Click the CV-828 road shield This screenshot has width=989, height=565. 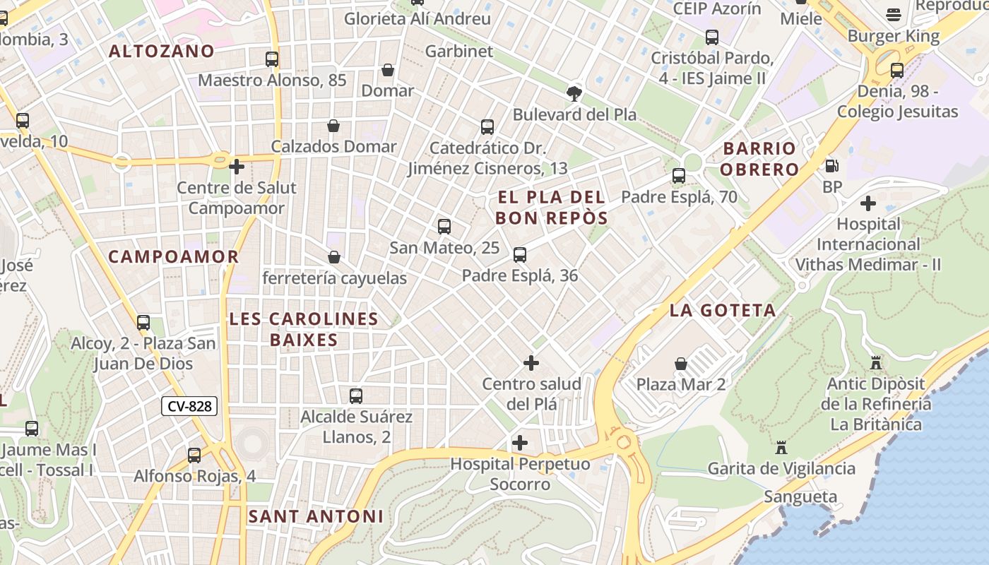pos(189,406)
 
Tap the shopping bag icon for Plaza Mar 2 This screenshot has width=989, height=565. pos(681,364)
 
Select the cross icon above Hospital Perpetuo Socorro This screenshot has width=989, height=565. pos(520,443)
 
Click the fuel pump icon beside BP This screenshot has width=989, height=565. pos(832,166)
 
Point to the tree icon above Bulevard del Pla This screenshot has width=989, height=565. pos(574,93)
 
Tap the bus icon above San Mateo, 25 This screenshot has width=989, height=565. pos(444,227)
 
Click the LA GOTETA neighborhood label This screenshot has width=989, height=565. pos(723,310)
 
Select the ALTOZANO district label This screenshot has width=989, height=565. pos(162,51)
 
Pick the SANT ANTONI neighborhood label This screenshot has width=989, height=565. pos(316,516)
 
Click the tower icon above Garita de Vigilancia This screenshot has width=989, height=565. pos(781,448)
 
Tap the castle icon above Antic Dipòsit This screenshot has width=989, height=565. pos(876,363)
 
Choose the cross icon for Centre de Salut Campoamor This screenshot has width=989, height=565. pos(237,167)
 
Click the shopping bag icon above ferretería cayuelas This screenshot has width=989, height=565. pos(334,257)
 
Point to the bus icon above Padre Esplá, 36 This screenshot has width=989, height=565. pos(520,255)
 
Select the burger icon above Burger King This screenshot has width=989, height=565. pos(894,15)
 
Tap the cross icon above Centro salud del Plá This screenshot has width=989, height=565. pos(531,363)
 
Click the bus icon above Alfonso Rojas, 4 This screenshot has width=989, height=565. pos(194,456)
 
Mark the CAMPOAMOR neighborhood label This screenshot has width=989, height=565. pos(174,256)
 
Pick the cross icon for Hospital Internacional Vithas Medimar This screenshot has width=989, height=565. pos(868,204)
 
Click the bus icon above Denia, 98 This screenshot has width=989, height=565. pos(897,71)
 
